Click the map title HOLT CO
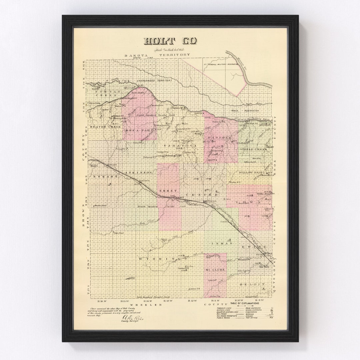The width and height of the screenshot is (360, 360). coord(170,41)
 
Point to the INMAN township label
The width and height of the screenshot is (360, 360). coord(222,244)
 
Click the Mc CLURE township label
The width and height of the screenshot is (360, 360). coord(215,269)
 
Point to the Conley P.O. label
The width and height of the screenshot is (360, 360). coord(194,288)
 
